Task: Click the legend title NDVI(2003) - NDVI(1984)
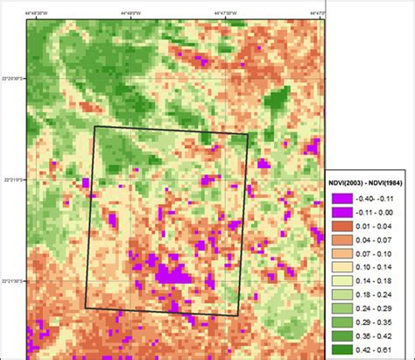click(368, 183)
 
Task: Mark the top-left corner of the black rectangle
click(95, 126)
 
